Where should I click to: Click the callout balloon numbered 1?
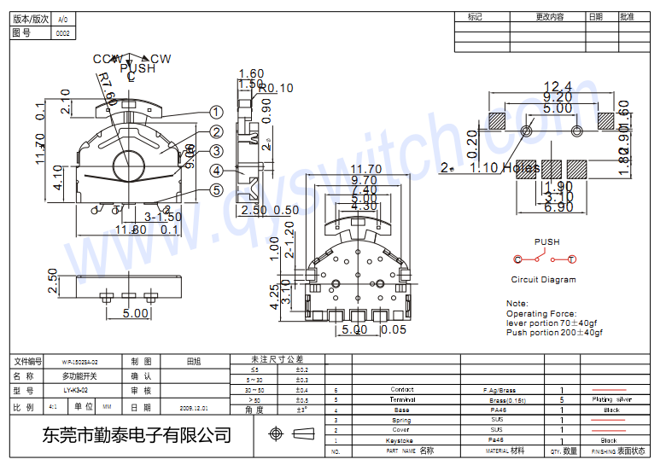coord(216,112)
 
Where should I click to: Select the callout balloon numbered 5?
coord(216,191)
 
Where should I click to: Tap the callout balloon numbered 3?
coord(216,151)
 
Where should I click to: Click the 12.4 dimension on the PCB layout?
coord(557,86)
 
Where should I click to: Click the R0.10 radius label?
coord(276,88)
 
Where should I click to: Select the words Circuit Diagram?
coord(543,280)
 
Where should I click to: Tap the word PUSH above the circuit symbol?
coord(546,242)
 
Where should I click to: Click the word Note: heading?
coord(517,304)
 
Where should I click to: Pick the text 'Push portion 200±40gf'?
coord(554,332)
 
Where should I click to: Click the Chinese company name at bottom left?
coord(137,435)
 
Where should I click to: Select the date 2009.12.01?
coord(194,409)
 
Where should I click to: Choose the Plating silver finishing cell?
coord(611,399)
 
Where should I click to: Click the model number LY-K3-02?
coord(75,390)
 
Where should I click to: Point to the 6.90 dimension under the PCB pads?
coord(559,207)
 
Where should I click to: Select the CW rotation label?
coord(161,59)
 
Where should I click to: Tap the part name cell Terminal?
coord(402,399)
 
